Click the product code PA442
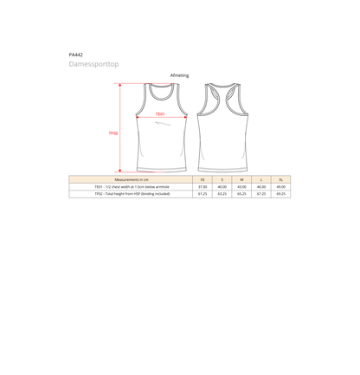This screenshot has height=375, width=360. [76, 55]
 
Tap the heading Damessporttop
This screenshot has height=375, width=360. [93, 64]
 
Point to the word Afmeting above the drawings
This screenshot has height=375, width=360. [179, 75]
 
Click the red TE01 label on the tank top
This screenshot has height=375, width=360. [160, 114]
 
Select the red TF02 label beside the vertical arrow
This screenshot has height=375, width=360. [113, 133]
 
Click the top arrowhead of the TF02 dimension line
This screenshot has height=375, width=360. [120, 85]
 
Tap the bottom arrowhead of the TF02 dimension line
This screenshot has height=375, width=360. [120, 171]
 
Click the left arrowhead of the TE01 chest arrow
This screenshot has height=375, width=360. [138, 117]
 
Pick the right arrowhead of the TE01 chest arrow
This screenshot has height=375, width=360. [185, 117]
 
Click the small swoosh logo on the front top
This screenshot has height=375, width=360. [163, 124]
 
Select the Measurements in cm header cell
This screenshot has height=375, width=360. [131, 179]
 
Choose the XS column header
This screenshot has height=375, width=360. [202, 179]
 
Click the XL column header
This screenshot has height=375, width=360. [280, 179]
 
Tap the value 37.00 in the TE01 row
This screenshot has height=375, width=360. [202, 187]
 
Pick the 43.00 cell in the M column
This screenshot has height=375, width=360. [241, 187]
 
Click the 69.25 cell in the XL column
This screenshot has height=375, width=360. [280, 194]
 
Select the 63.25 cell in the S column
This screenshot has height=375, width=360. [222, 194]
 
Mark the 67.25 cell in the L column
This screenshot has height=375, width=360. [261, 194]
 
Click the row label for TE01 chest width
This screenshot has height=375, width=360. [132, 187]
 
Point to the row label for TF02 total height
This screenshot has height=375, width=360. [132, 194]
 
